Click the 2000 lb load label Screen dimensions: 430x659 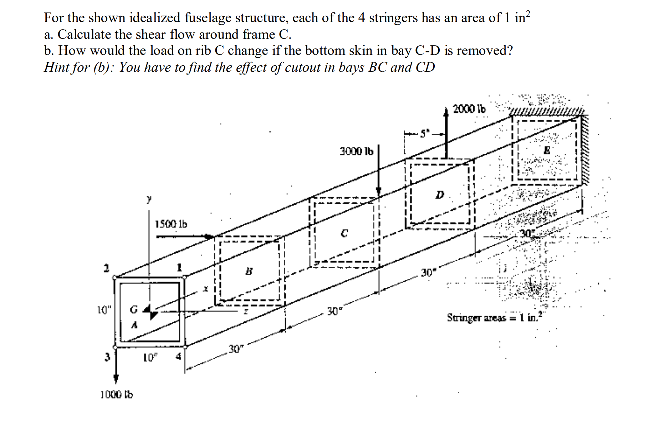[469, 109]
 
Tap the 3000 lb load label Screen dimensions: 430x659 [356, 152]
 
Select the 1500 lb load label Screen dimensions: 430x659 [171, 224]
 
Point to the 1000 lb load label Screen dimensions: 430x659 [116, 394]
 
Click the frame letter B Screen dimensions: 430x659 [249, 271]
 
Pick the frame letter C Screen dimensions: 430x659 [344, 234]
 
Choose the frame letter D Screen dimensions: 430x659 [440, 195]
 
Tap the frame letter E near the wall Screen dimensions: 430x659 [546, 151]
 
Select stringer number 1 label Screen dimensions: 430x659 [180, 267]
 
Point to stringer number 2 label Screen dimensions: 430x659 [106, 268]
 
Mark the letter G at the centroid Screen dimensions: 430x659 [133, 310]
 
